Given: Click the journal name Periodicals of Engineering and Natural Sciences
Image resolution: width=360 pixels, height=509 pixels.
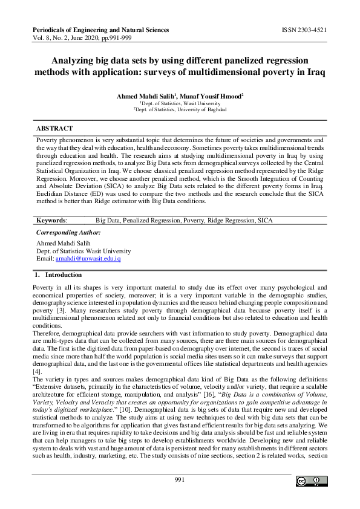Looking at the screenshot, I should click(x=100, y=30).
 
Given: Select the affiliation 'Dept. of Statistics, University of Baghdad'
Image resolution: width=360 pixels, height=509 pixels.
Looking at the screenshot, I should click(x=180, y=109).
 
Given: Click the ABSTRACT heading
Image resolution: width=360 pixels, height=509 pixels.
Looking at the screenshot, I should click(x=54, y=129).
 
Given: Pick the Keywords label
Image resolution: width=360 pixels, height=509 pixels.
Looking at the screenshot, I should click(x=51, y=221).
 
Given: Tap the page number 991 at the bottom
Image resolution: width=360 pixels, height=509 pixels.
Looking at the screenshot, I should click(x=179, y=479).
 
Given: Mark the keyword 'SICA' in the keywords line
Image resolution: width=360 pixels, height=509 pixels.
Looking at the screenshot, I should click(x=265, y=221).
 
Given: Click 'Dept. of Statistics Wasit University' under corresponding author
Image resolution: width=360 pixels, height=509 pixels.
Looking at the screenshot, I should click(x=83, y=251).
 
